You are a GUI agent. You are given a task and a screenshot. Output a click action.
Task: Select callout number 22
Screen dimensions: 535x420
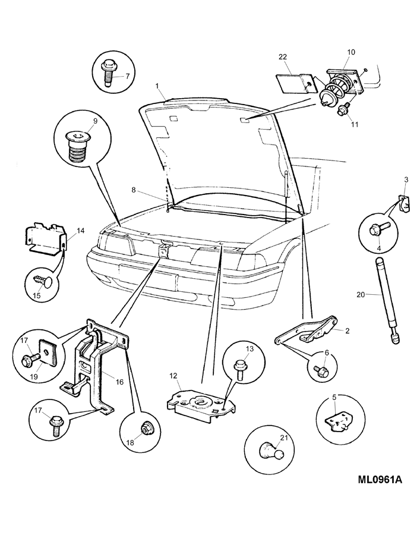(x=282, y=57)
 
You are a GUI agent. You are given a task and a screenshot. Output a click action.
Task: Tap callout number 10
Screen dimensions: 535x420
(x=350, y=52)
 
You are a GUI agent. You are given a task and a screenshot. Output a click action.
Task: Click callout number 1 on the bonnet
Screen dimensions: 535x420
(x=157, y=86)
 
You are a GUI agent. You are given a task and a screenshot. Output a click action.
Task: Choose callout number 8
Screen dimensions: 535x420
(x=134, y=190)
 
